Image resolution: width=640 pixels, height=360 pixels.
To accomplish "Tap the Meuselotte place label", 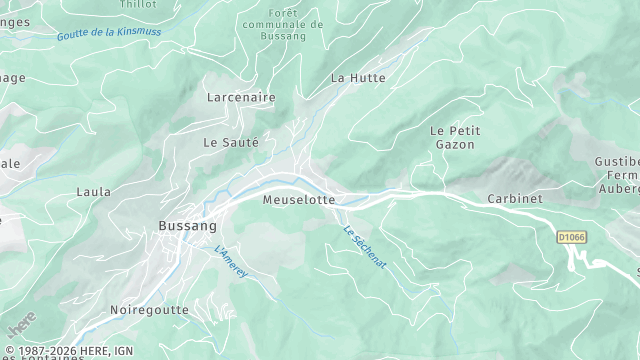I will tap(298, 200).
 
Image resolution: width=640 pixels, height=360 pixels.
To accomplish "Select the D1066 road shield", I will tap(570, 237).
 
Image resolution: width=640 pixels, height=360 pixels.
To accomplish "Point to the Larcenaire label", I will tap(240, 98).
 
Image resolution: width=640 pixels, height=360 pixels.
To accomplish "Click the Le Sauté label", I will tap(231, 143).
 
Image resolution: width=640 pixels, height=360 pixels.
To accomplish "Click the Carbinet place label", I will tap(515, 199).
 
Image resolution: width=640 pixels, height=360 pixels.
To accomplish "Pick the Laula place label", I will tap(93, 190).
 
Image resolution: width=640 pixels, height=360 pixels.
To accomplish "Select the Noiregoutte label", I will tap(149, 310).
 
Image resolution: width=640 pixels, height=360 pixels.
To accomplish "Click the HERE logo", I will tap(20, 326).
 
